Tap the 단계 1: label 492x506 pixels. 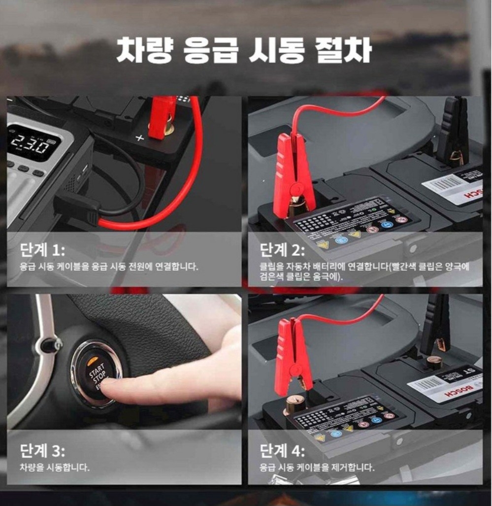pyautogui.click(x=42, y=250)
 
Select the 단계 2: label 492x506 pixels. pyautogui.click(x=282, y=250)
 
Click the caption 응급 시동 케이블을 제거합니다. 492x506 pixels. pyautogui.click(x=317, y=467)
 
